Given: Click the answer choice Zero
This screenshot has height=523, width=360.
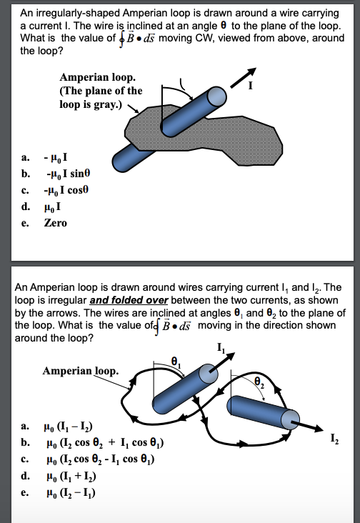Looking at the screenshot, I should (x=55, y=223).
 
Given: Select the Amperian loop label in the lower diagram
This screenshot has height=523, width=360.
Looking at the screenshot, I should (x=80, y=371).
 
